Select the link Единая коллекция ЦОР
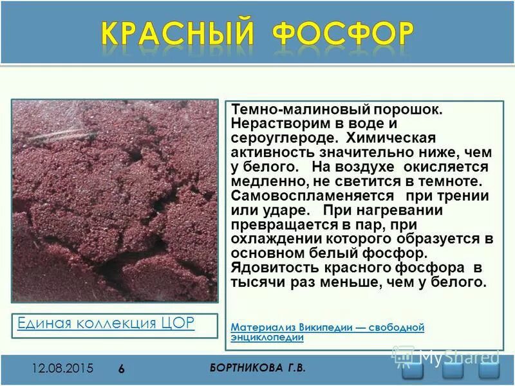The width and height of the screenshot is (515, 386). pos(106,323)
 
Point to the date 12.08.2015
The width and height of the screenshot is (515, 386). pos(63,369)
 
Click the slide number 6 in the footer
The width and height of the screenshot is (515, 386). pos(122,369)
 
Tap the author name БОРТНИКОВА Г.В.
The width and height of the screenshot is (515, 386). pos(257,367)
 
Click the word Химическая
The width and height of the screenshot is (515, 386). pos(391,138)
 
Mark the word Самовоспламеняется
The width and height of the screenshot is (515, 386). pos(312,196)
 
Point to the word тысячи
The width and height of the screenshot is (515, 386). pos(257,282)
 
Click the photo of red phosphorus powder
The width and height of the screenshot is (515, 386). pos(115,200)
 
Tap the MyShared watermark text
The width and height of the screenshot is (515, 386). pos(458,356)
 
